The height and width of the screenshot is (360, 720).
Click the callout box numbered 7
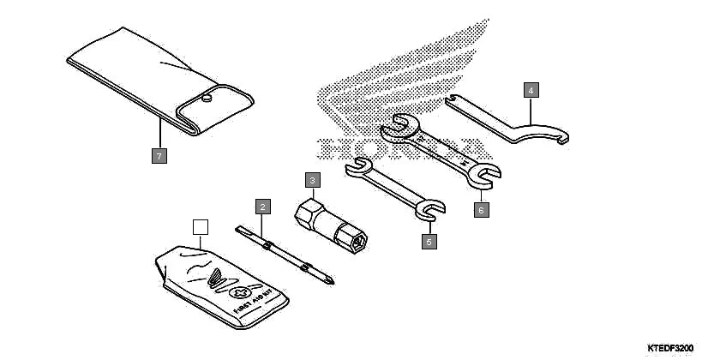[x=159, y=155]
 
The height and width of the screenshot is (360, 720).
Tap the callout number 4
[x=531, y=89]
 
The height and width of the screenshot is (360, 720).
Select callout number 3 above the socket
[x=313, y=180]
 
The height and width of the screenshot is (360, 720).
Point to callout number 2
[x=263, y=206]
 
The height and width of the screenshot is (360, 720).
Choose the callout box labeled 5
[x=429, y=242]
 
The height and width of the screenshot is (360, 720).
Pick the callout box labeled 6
[x=481, y=208]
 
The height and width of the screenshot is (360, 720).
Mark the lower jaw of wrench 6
[x=483, y=177]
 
